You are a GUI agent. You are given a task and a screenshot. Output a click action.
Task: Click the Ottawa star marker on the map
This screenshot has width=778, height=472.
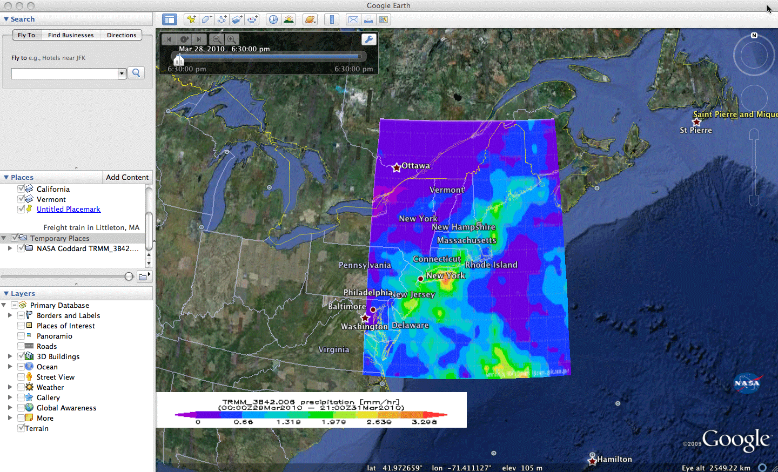397,167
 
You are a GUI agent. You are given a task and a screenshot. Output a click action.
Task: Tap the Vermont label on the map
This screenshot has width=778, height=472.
446,190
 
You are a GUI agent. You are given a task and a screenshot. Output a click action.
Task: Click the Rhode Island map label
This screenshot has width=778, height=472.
491,265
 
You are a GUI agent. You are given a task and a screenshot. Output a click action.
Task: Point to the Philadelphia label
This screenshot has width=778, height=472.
367,293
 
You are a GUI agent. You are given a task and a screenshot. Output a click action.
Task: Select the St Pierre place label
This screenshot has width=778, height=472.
696,130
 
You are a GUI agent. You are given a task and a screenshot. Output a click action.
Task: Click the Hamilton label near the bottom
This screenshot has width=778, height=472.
614,459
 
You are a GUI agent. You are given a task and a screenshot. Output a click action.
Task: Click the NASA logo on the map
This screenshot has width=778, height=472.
747,383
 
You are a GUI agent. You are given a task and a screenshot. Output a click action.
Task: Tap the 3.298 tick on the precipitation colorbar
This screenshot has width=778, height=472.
424,422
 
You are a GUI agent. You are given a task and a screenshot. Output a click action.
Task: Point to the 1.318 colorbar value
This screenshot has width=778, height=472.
289,422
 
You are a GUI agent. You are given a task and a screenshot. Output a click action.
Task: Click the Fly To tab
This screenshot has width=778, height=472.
26,35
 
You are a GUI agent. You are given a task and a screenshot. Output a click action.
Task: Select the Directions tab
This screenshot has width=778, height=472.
122,35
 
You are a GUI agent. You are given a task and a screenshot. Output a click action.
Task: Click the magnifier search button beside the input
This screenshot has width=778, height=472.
136,73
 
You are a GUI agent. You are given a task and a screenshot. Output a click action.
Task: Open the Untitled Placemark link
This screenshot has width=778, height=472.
68,209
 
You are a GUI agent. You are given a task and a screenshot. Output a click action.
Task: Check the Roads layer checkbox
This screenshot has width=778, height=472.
21,346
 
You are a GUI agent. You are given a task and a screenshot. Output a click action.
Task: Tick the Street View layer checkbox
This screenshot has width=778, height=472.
21,377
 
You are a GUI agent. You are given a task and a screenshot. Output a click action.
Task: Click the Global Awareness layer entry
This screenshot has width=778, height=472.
66,408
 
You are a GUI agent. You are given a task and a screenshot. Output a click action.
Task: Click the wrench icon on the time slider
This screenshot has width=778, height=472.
368,39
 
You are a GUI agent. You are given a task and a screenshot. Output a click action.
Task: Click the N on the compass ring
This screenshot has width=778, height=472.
754,36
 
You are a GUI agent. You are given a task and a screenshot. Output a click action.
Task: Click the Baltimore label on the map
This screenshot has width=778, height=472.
347,306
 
